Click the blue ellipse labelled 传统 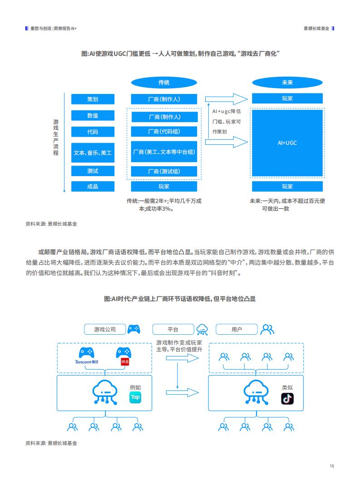point(164,83)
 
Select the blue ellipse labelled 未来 point(287,83)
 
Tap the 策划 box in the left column point(93,99)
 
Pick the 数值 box point(93,115)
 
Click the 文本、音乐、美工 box point(93,153)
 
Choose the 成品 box point(93,187)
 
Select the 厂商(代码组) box point(164,132)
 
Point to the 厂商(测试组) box point(164,172)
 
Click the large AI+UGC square point(287,143)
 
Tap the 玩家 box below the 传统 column point(164,187)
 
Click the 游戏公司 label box point(105,329)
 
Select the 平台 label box point(173,329)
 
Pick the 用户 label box point(237,329)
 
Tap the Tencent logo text point(86,362)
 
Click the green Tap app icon point(135,397)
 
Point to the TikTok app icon point(287,399)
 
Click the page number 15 point(332,466)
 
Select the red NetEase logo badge point(125,362)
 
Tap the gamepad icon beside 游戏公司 point(134,329)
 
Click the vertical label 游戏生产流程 point(56,137)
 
